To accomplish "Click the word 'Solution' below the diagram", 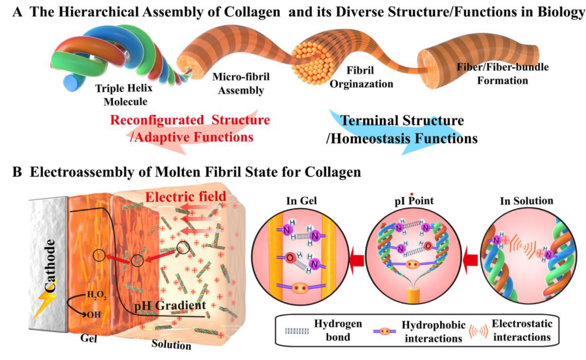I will pyautogui.click(x=171, y=344).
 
